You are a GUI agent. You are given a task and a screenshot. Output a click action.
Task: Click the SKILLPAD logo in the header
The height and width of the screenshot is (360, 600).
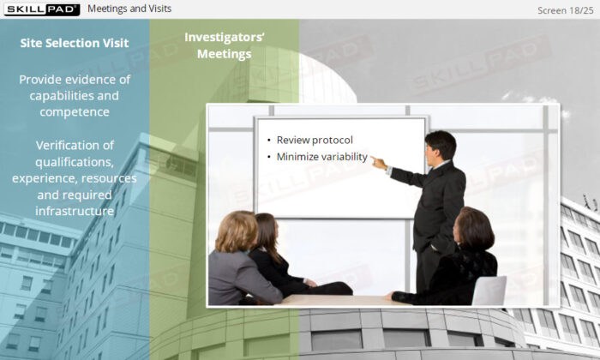click(x=42, y=9)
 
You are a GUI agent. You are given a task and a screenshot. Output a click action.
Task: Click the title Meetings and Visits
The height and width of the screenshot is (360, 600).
click(x=129, y=9)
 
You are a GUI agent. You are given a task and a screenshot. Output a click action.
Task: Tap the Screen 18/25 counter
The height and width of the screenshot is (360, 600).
click(x=565, y=10)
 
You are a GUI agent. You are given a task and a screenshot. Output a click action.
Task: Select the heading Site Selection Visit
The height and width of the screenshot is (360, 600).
click(x=75, y=43)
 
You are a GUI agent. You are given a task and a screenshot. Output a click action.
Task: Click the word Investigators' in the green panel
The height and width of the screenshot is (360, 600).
click(x=225, y=37)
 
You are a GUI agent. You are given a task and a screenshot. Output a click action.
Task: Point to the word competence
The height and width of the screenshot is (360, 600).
click(x=75, y=112)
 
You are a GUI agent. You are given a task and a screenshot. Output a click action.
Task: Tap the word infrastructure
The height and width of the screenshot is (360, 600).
click(x=75, y=211)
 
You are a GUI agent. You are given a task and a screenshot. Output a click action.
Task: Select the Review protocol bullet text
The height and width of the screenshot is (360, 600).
click(x=315, y=140)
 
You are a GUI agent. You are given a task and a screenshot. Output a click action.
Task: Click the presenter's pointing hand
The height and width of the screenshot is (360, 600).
click(x=379, y=163)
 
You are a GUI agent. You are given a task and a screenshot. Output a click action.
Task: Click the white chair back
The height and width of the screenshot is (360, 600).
click(x=489, y=291)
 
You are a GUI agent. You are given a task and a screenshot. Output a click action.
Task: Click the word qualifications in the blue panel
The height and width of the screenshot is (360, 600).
click(x=75, y=162)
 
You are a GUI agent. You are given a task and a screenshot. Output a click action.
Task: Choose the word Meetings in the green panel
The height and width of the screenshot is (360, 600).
click(x=225, y=54)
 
